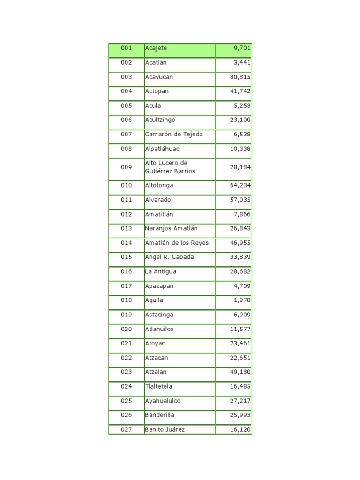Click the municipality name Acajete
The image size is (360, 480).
pyautogui.click(x=156, y=48)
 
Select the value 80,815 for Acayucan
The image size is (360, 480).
pyautogui.click(x=240, y=77)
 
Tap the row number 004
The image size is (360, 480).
pyautogui.click(x=127, y=91)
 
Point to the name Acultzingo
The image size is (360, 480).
pyautogui.click(x=160, y=120)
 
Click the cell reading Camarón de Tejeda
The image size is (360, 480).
pyautogui.click(x=174, y=135)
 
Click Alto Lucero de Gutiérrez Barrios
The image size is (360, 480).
pyautogui.click(x=170, y=167)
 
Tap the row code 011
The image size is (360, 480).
pyautogui.click(x=127, y=200)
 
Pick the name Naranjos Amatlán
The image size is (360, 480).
pyautogui.click(x=172, y=229)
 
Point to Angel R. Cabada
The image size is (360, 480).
pyautogui.click(x=169, y=257)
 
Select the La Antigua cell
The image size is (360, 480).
pyautogui.click(x=161, y=272)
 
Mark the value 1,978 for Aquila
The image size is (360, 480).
pyautogui.click(x=242, y=300)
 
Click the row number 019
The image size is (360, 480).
pyautogui.click(x=127, y=315)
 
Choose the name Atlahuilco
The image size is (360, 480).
pyautogui.click(x=159, y=330)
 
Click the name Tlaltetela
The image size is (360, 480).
pyautogui.click(x=158, y=387)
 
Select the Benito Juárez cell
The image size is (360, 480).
pyautogui.click(x=165, y=430)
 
